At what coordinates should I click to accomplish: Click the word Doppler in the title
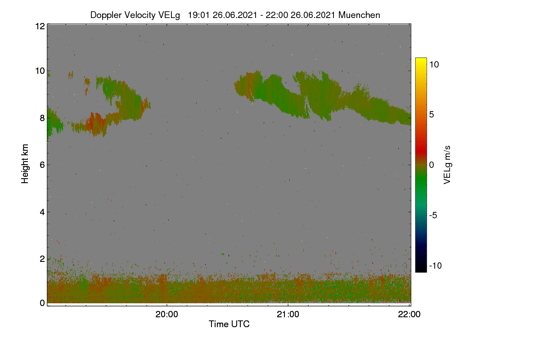coord(106,15)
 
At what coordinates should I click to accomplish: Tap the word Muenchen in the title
coord(359,15)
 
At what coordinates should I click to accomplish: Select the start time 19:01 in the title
coord(199,15)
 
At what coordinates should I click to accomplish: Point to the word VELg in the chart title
coord(169,15)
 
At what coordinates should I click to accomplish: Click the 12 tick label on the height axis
coord(40,26)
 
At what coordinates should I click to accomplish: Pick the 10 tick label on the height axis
coord(40,71)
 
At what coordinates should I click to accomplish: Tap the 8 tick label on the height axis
coord(42,118)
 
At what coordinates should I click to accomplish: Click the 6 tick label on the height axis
coord(42,165)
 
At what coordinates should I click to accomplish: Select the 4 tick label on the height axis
coord(42,212)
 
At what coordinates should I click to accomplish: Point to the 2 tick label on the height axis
coord(42,259)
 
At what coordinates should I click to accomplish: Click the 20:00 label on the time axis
coord(166,314)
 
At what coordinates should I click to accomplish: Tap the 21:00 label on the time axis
coord(288,314)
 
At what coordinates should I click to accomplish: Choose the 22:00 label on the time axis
coord(409,314)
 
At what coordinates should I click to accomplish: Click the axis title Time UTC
coord(229,324)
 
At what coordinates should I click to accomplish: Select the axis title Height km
coord(25,164)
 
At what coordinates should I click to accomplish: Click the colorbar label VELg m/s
coord(447,165)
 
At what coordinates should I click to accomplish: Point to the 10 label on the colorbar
coord(434,65)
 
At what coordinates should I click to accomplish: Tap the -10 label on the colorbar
coord(436,265)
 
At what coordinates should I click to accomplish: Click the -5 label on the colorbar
coord(433,215)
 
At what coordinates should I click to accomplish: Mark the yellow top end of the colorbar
coord(421,58)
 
